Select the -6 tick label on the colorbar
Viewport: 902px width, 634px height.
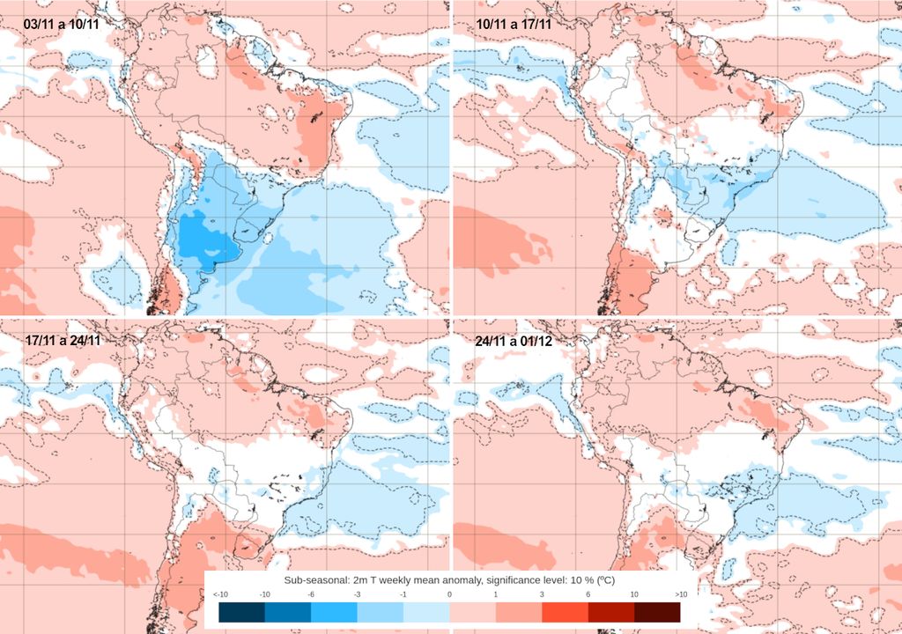(311, 595)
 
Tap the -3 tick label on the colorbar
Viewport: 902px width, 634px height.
(358, 595)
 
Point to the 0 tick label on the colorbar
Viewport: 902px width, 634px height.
(450, 595)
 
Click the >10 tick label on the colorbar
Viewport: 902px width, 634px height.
(680, 595)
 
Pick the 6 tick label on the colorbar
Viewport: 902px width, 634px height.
(588, 595)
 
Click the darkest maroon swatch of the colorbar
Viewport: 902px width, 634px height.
(657, 612)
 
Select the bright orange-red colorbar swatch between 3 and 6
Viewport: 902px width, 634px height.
(565, 612)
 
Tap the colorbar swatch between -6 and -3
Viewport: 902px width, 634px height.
(335, 612)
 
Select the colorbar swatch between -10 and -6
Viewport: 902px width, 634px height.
(288, 612)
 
